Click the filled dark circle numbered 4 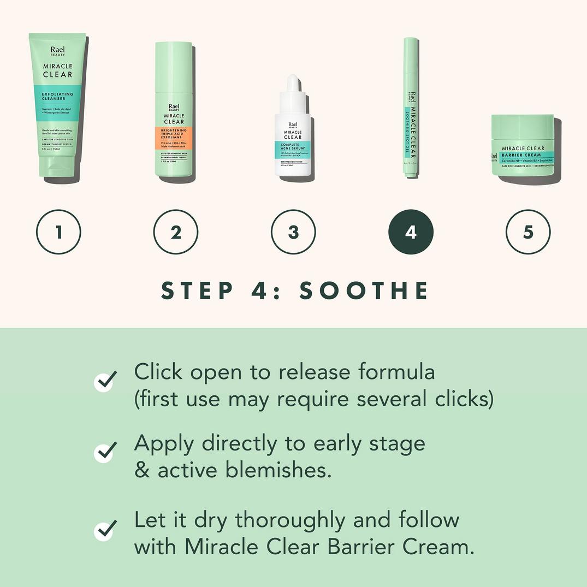click(411, 232)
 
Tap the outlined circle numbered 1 click(58, 232)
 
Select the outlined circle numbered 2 click(176, 232)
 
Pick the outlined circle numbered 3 click(293, 232)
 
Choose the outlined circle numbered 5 click(528, 232)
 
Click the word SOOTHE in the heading click(364, 290)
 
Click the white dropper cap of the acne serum click(294, 87)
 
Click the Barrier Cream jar click(523, 146)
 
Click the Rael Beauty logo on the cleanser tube click(57, 51)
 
